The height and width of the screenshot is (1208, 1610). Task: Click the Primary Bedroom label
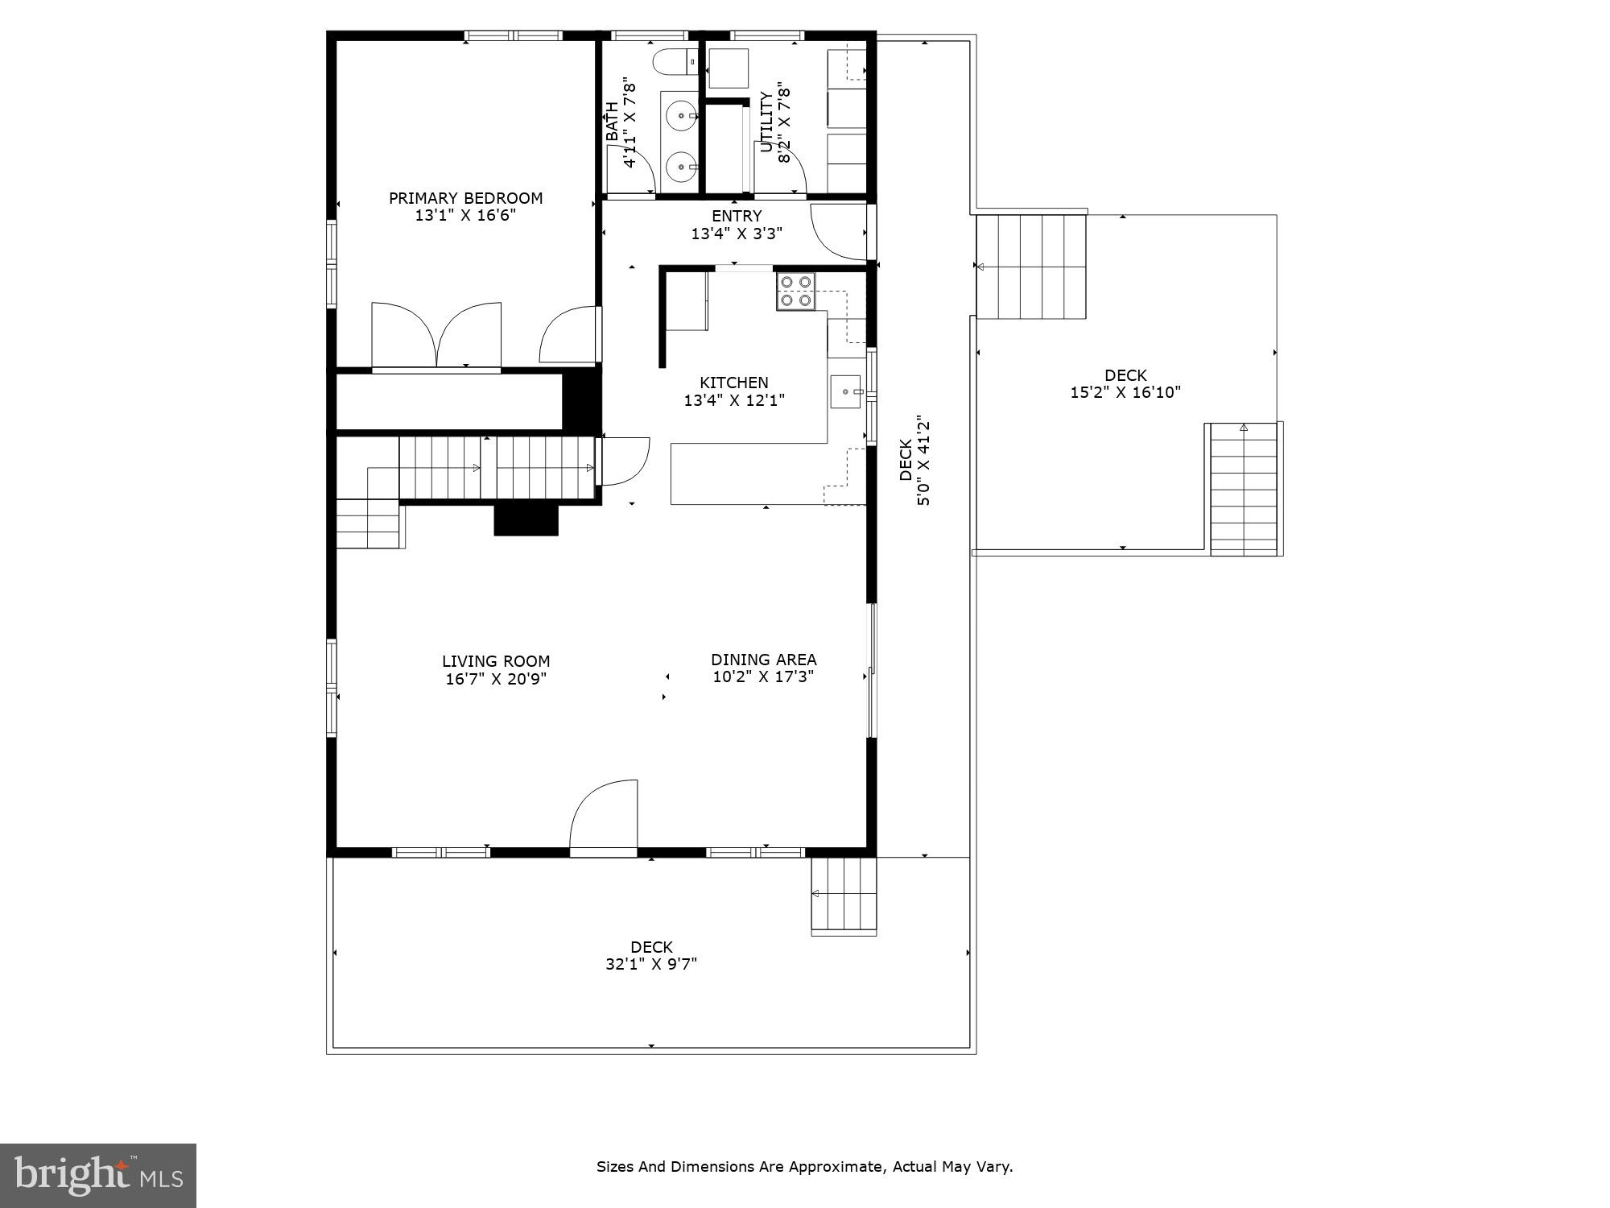click(x=465, y=198)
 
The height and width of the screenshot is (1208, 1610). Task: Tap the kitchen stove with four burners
click(x=795, y=292)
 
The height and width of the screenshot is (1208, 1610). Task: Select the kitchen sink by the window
click(x=845, y=392)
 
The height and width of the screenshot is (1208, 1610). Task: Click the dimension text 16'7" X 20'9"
click(x=496, y=679)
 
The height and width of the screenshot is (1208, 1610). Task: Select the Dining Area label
click(x=763, y=660)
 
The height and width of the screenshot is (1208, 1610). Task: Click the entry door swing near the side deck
click(x=837, y=232)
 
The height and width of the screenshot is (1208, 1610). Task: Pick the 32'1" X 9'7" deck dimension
click(x=651, y=964)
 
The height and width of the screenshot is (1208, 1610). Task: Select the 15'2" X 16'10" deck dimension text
click(x=1125, y=393)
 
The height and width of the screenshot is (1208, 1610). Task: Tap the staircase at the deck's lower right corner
click(x=1245, y=490)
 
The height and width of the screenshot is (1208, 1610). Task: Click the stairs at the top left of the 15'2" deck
click(x=1031, y=267)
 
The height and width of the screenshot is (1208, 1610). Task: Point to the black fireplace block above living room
click(x=526, y=519)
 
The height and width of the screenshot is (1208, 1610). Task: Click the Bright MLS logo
click(x=98, y=1176)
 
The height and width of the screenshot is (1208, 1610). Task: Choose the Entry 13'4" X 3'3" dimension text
click(x=737, y=234)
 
